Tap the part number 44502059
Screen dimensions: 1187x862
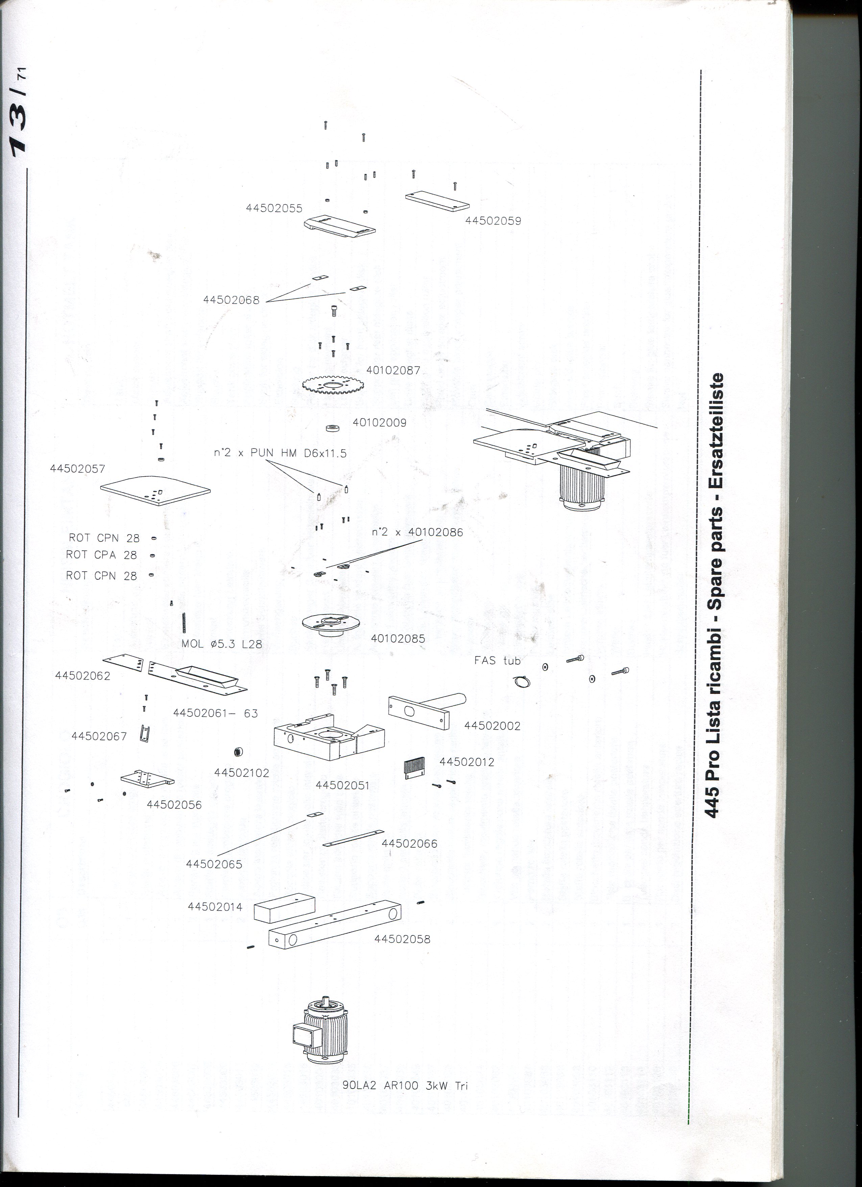click(x=493, y=221)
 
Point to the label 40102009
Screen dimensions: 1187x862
click(x=379, y=423)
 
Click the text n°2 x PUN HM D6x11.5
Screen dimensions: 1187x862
click(x=280, y=453)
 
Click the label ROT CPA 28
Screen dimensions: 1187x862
click(x=101, y=555)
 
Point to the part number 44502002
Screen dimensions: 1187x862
click(x=492, y=726)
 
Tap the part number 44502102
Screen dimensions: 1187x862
click(x=242, y=773)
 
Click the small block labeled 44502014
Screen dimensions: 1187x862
click(x=285, y=907)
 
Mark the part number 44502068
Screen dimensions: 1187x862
click(x=231, y=300)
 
